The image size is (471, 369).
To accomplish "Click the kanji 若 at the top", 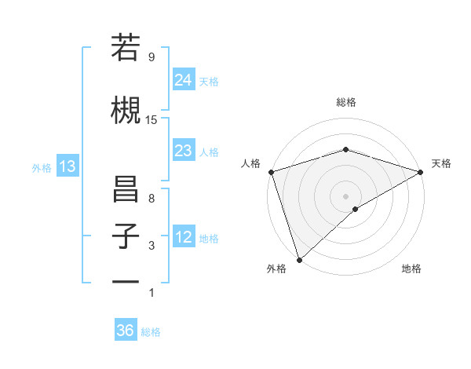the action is [x=126, y=48].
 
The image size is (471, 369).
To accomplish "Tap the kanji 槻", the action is [x=126, y=109].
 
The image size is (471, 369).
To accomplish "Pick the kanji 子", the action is [x=126, y=236].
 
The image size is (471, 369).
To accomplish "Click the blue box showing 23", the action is [x=183, y=151].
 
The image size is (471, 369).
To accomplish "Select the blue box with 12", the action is [x=183, y=237].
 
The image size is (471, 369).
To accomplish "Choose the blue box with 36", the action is [x=126, y=331].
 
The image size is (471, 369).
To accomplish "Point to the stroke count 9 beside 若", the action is [x=151, y=57].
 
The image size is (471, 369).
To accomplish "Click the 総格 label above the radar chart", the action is [x=346, y=102].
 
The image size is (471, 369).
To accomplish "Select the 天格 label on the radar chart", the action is [x=441, y=163].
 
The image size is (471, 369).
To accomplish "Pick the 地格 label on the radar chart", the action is [x=411, y=269].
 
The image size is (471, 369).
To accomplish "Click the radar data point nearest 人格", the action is [x=271, y=171].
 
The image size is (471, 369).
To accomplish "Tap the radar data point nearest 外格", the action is [x=299, y=259].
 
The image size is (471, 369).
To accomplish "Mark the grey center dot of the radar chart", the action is [x=345, y=195].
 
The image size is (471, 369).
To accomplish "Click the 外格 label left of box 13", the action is [x=42, y=167].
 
